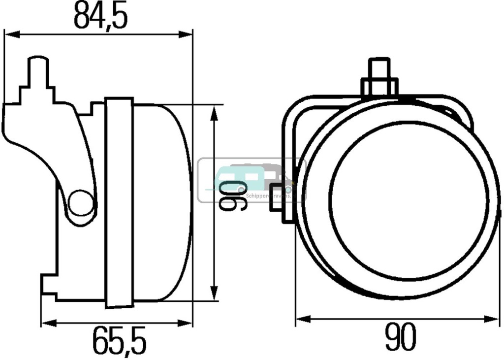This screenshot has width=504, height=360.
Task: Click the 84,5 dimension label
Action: pos(101,16)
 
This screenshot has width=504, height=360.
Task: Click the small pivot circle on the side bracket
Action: pos(80,202)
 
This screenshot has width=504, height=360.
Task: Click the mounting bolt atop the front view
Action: pos(379,79)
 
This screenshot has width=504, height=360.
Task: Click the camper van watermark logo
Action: pos(251,180)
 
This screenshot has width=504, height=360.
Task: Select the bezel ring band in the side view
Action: pos(119,202)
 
